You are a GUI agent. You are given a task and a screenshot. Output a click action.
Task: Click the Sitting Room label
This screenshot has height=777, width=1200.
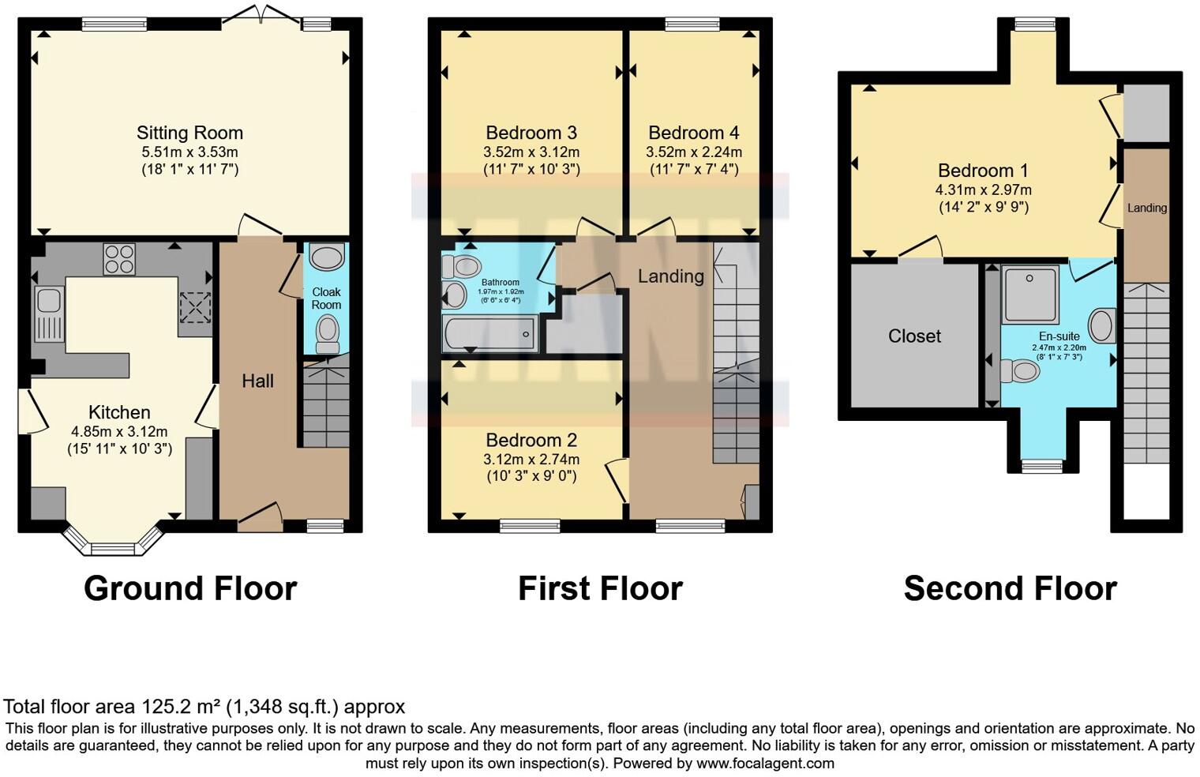[x=189, y=133]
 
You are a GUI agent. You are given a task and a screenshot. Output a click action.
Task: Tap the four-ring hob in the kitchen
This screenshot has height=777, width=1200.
[x=119, y=258]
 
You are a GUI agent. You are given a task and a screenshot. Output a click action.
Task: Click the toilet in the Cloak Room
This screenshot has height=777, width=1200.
[x=327, y=334]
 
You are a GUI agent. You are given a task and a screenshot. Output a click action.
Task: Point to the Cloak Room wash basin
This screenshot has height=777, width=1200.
[x=326, y=257]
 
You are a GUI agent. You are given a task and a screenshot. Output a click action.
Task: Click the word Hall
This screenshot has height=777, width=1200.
[x=257, y=381]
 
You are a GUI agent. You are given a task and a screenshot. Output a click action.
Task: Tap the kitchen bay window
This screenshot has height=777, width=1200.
[x=113, y=545]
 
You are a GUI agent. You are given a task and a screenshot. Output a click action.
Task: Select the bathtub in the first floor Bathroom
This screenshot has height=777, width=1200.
[x=490, y=333]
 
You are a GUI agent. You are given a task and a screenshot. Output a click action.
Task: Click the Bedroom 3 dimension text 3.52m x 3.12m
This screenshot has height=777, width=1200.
[x=531, y=152]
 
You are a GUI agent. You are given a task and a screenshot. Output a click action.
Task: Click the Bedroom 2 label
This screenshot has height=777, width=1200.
[x=531, y=440]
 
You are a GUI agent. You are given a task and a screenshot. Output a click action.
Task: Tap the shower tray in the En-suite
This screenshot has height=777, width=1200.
[x=1030, y=295]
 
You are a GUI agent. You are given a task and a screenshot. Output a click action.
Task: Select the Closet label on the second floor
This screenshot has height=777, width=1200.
[x=914, y=336]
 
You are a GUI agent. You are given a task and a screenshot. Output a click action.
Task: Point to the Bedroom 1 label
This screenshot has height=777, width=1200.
[x=983, y=171]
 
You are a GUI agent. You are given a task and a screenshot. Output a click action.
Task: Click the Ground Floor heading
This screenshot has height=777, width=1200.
[x=190, y=589]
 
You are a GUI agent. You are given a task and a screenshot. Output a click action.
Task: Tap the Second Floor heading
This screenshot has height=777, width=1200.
[x=1010, y=589]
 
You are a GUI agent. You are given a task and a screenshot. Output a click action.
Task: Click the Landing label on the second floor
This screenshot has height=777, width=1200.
[x=1146, y=208]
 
